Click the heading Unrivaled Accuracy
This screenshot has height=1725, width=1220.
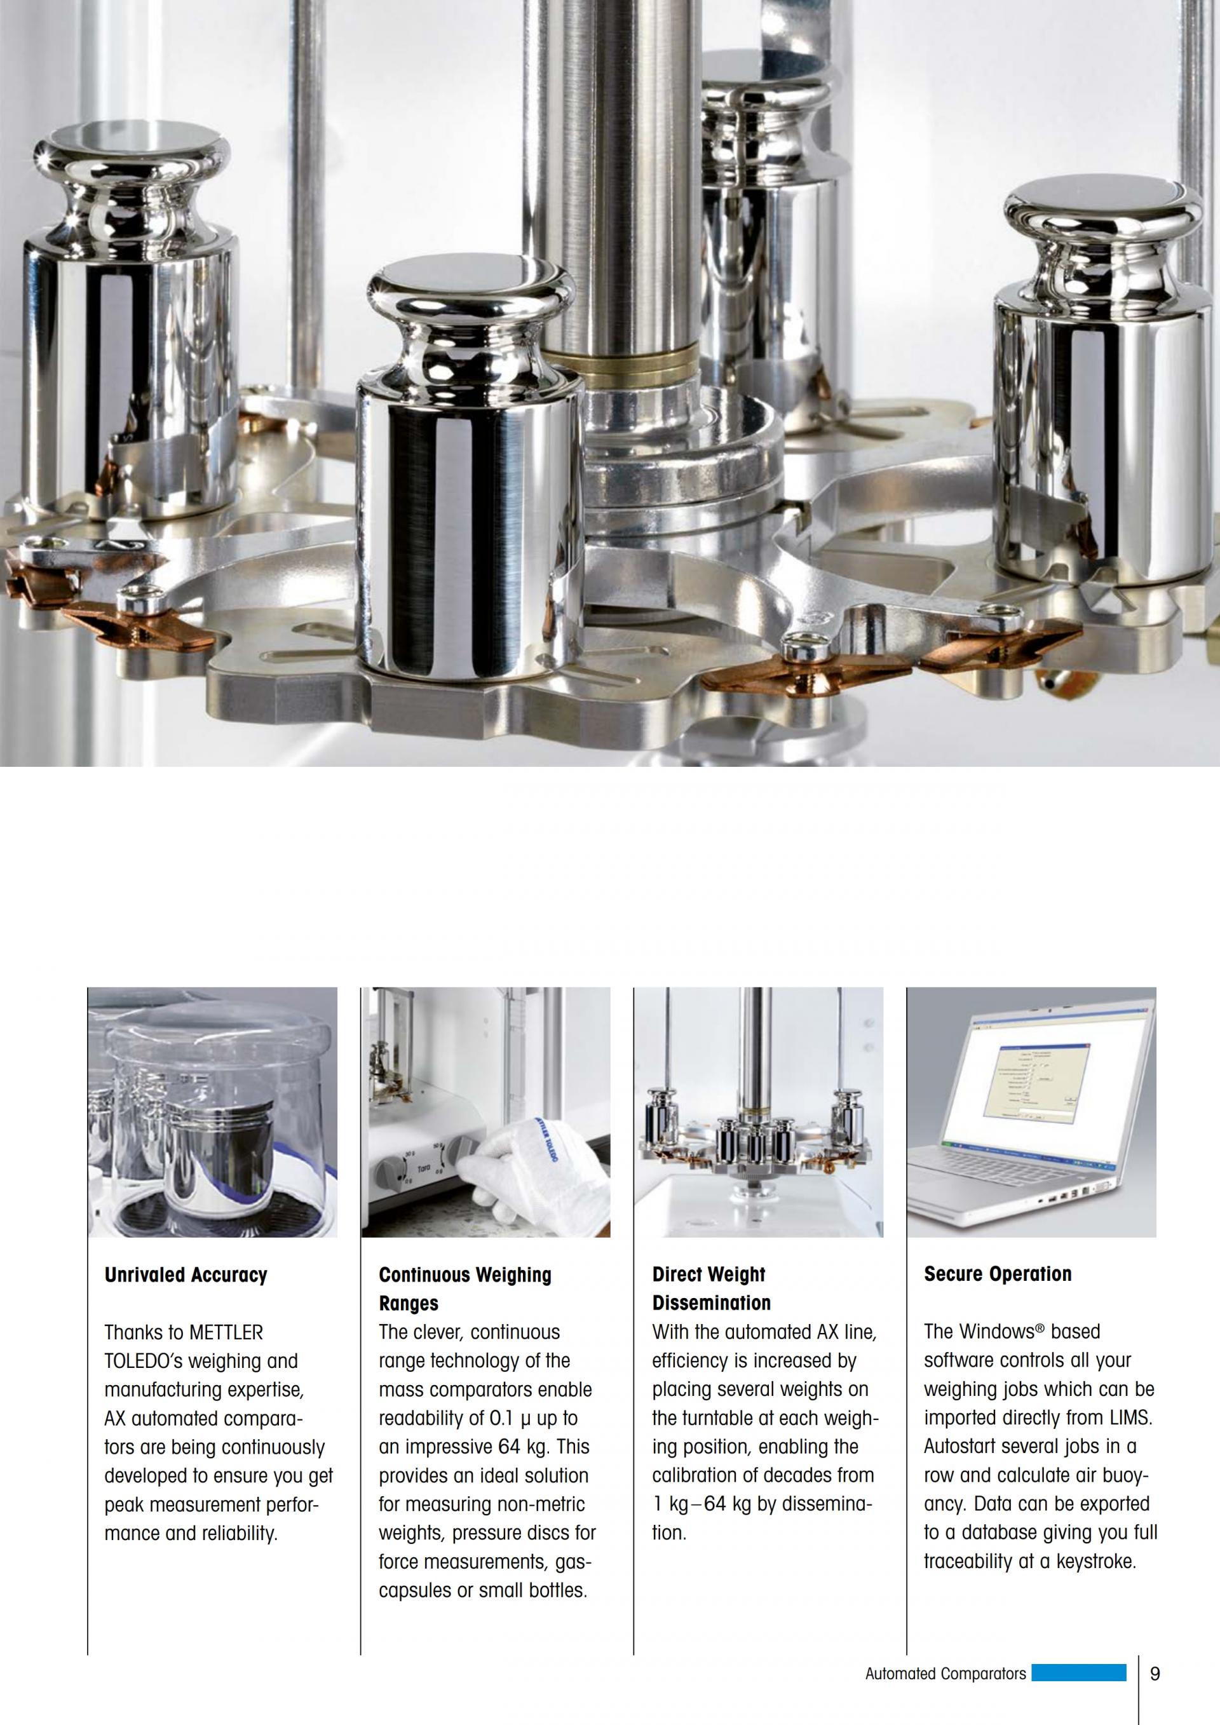(186, 1275)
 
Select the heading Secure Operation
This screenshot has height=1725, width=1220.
(998, 1275)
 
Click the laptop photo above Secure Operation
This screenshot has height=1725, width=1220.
(1031, 1113)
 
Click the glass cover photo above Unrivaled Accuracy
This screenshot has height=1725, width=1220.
(213, 1113)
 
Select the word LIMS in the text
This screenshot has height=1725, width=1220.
(1130, 1419)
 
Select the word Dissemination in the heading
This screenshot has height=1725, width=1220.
(712, 1304)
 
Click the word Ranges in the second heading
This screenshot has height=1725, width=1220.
(409, 1304)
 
